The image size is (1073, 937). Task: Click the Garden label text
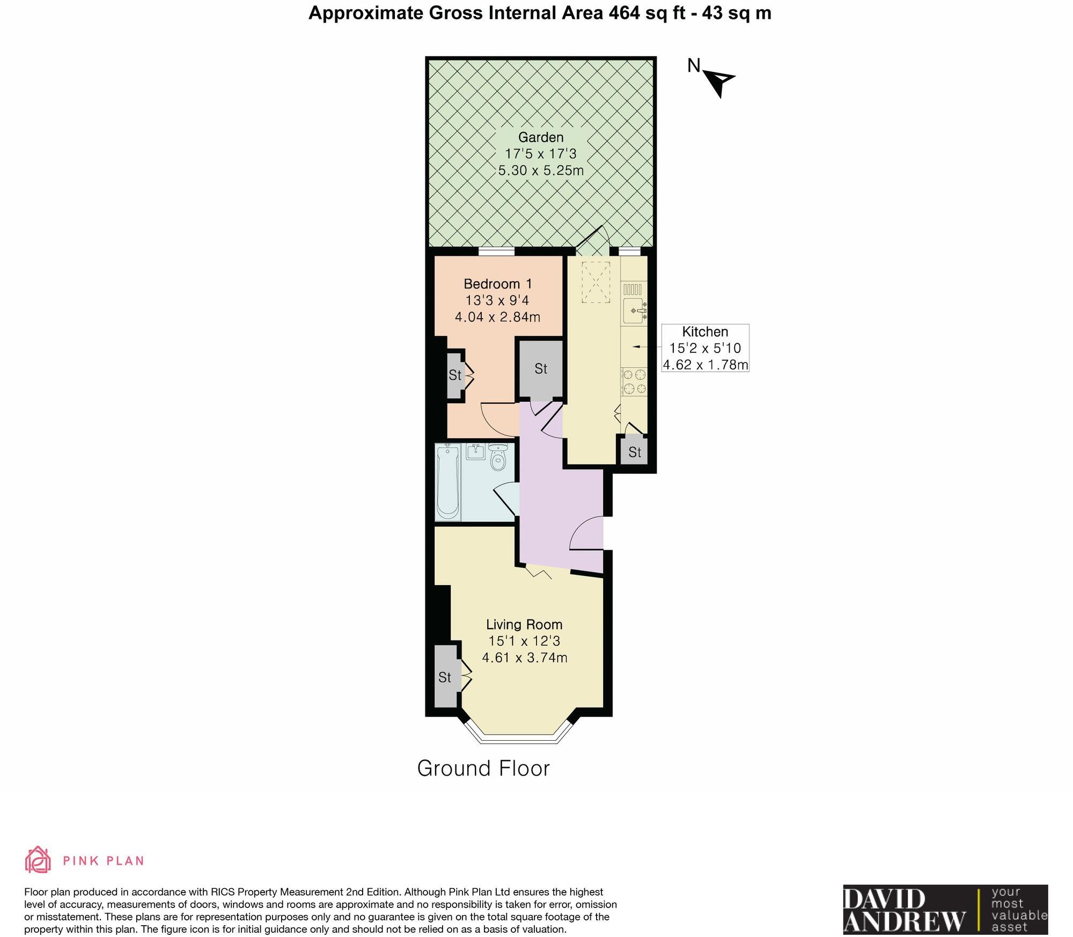[540, 137]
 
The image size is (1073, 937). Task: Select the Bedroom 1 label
[497, 284]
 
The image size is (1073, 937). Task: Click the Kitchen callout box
[705, 348]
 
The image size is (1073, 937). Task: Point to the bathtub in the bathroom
[447, 482]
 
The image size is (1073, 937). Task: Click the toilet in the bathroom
[498, 459]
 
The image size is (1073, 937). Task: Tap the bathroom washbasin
[475, 452]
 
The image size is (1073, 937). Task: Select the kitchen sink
[635, 311]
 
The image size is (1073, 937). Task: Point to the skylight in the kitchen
[596, 282]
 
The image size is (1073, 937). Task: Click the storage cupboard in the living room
[445, 676]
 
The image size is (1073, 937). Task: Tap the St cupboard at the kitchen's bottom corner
[635, 452]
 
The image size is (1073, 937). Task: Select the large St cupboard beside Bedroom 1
[540, 369]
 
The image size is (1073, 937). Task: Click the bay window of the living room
[518, 738]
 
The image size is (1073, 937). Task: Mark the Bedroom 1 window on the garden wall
[496, 251]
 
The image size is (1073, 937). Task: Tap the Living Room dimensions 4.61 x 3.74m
[524, 658]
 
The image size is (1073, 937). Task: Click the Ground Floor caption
[483, 769]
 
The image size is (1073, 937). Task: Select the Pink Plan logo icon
[38, 860]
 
